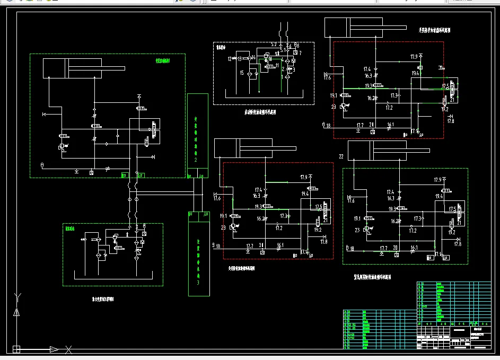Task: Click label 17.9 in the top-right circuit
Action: [414, 56]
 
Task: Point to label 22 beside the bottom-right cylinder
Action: [341, 156]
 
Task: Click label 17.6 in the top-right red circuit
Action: [327, 78]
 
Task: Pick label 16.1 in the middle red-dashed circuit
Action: [280, 245]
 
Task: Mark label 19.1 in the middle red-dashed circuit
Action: [223, 216]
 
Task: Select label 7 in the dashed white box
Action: [300, 53]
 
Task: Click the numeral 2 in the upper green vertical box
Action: [196, 160]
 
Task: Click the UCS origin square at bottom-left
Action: [16, 349]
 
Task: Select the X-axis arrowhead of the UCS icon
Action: [54, 349]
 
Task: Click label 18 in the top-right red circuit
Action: [328, 126]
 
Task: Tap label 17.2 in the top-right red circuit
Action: [389, 108]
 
